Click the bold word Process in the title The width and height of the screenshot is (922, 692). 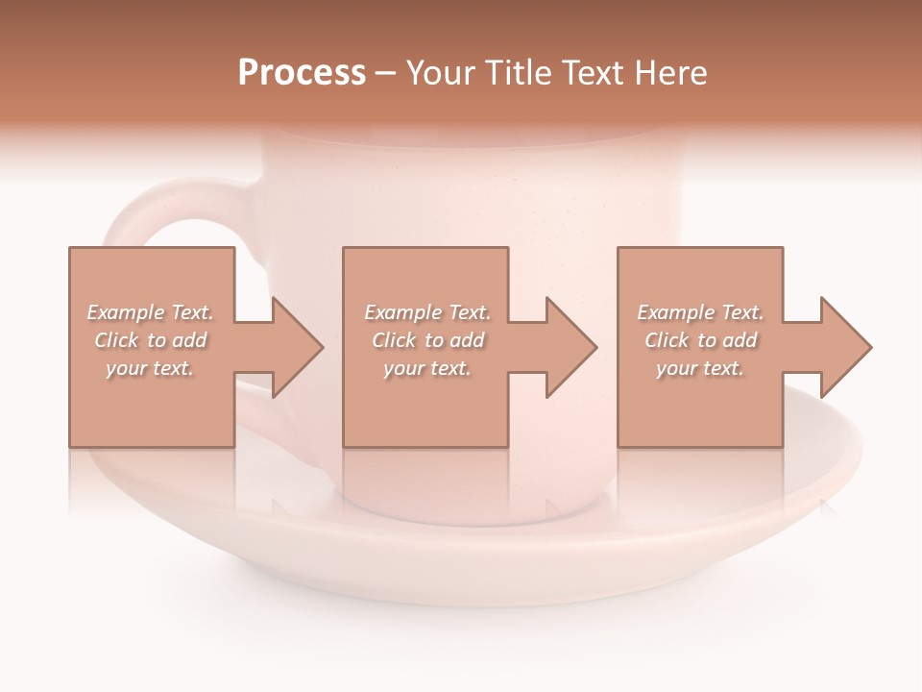click(302, 73)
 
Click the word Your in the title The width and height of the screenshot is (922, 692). click(441, 73)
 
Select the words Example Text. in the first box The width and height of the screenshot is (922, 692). click(150, 312)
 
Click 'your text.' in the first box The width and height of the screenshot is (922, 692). click(150, 368)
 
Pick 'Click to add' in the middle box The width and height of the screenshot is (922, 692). click(427, 340)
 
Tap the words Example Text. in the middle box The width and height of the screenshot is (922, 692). click(427, 312)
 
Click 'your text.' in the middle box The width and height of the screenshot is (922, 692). click(427, 368)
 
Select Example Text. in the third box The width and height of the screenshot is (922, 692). click(700, 312)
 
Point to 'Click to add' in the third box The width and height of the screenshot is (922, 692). click(700, 340)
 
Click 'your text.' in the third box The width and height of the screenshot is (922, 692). click(700, 368)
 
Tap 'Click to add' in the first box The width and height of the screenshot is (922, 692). click(150, 340)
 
